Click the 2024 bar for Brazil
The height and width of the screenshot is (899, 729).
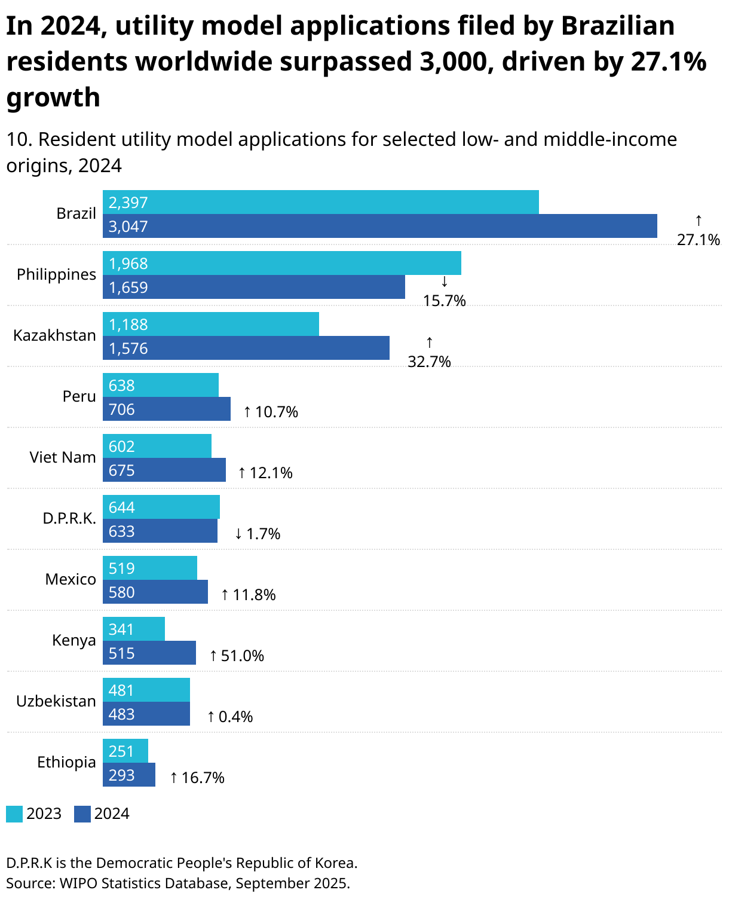[x=379, y=226]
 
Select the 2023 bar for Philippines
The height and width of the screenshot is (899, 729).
[x=281, y=263]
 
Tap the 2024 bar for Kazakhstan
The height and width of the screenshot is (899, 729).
[x=246, y=348]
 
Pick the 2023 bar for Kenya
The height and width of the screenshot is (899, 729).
[x=133, y=629]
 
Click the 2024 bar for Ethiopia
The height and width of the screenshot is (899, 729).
[x=128, y=775]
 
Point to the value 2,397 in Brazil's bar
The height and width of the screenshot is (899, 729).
[x=128, y=203]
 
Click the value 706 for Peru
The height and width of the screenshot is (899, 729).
[x=122, y=409]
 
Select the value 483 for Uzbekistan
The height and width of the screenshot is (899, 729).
[x=122, y=714]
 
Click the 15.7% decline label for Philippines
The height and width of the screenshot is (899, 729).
[x=444, y=301]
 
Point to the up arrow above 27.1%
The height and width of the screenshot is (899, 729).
[x=698, y=221]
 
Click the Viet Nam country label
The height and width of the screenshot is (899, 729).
[x=63, y=457]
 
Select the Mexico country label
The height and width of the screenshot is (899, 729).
[x=71, y=579]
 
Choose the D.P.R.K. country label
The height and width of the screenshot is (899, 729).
[x=69, y=518]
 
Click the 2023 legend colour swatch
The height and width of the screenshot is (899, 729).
[x=14, y=814]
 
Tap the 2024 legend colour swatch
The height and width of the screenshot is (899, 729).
[x=82, y=814]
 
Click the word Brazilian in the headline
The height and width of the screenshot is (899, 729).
[x=617, y=26]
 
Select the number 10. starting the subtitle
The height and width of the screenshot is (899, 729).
[x=19, y=139]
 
